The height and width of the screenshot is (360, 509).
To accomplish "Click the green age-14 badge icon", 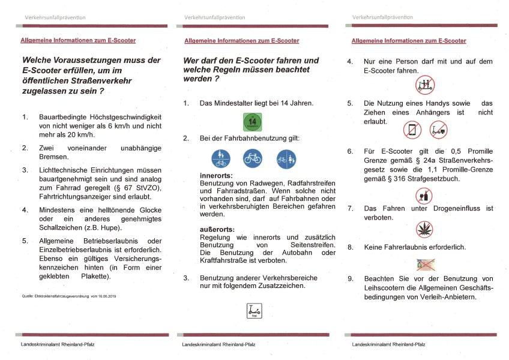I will point(252,122).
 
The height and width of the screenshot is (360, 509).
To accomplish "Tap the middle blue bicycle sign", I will point(252,159).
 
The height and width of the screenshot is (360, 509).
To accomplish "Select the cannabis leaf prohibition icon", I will point(424,229).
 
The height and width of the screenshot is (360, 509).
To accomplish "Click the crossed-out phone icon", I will point(412,129).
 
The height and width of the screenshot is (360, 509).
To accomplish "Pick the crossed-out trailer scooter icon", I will point(439,129).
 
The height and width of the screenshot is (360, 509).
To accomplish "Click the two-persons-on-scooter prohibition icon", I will point(424,85).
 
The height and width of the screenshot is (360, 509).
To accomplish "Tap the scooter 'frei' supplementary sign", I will point(252,311).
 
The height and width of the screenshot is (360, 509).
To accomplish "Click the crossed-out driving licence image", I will point(425,263).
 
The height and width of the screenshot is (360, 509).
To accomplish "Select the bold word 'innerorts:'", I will point(215,175).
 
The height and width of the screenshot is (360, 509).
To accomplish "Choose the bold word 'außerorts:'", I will point(217,230).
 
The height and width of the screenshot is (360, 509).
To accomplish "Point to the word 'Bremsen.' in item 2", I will point(55,156).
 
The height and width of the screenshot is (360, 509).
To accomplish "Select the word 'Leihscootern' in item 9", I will point(388,287).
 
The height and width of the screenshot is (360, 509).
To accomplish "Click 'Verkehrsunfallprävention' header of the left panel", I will point(55,17).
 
